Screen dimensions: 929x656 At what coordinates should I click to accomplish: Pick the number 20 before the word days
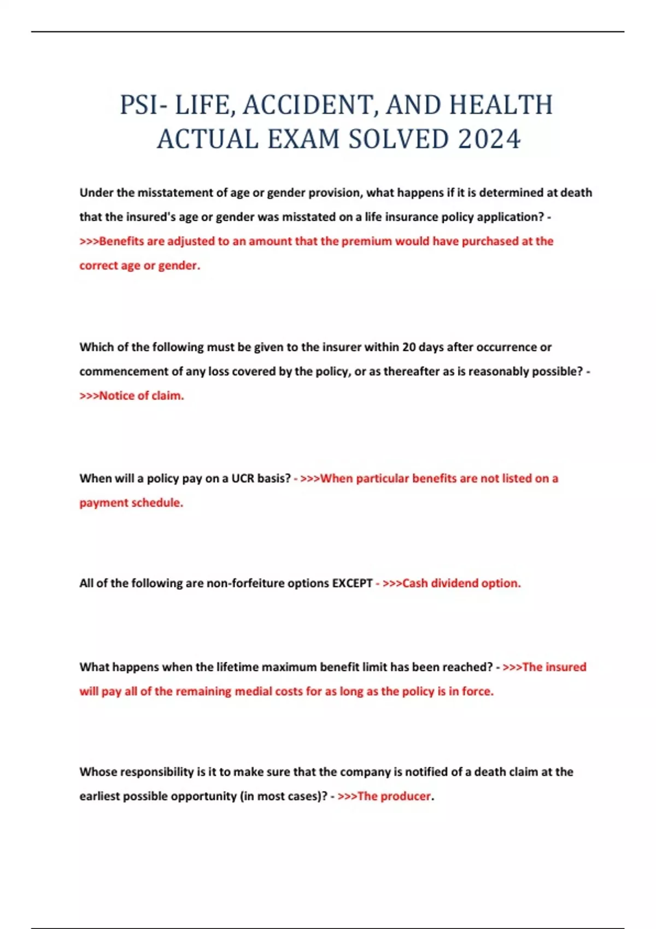pos(409,347)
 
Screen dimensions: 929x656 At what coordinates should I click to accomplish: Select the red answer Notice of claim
pos(141,396)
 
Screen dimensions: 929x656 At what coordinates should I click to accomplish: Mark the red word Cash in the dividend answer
pos(415,583)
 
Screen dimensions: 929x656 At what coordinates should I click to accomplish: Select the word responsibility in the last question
pos(157,772)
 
